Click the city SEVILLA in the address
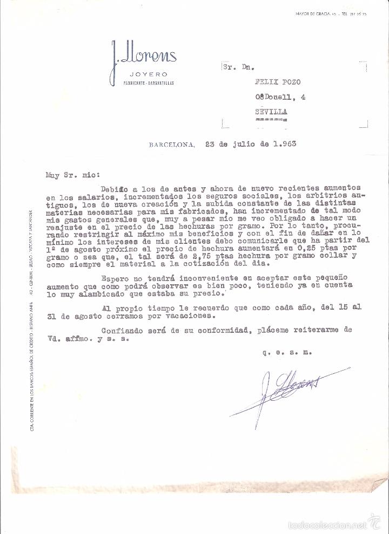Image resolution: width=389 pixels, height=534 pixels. click(x=272, y=112)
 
